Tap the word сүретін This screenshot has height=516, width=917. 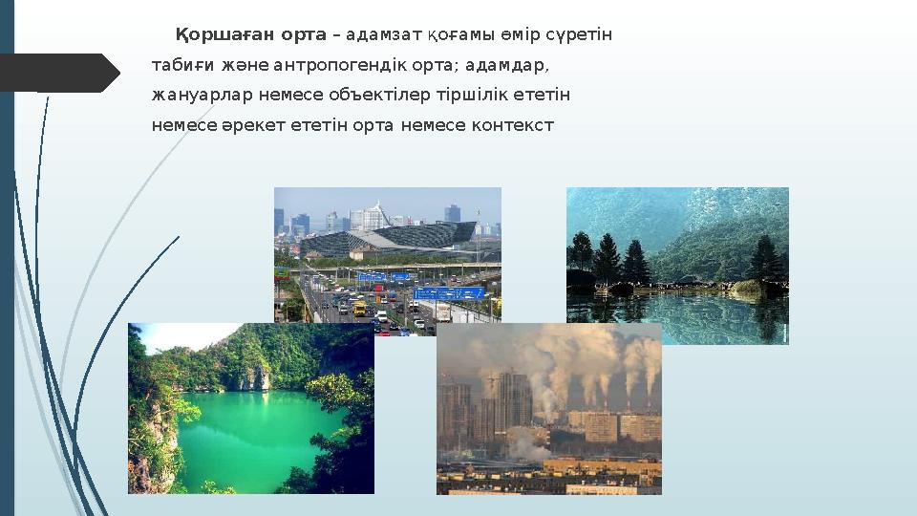tap(579, 35)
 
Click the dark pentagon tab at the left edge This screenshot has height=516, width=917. tap(57, 74)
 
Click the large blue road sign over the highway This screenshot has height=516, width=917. tap(449, 292)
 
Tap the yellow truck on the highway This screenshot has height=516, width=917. tap(359, 309)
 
